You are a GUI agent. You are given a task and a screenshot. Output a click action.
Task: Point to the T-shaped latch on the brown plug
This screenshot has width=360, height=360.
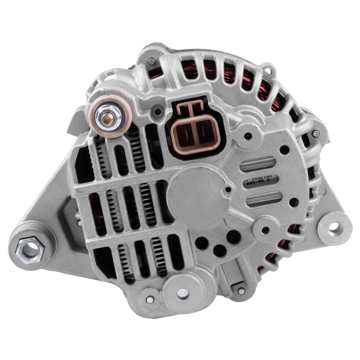[192, 109]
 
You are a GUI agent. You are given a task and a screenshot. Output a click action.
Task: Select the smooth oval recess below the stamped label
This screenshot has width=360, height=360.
[264, 198]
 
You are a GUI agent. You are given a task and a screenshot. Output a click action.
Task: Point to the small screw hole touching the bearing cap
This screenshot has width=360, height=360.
[228, 190]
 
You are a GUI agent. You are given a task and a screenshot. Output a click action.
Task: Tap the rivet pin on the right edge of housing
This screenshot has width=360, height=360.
[316, 133]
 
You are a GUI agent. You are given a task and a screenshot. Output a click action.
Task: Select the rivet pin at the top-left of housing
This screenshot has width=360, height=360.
[151, 60]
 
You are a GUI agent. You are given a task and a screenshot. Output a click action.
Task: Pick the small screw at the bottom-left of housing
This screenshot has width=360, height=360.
[149, 300]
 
